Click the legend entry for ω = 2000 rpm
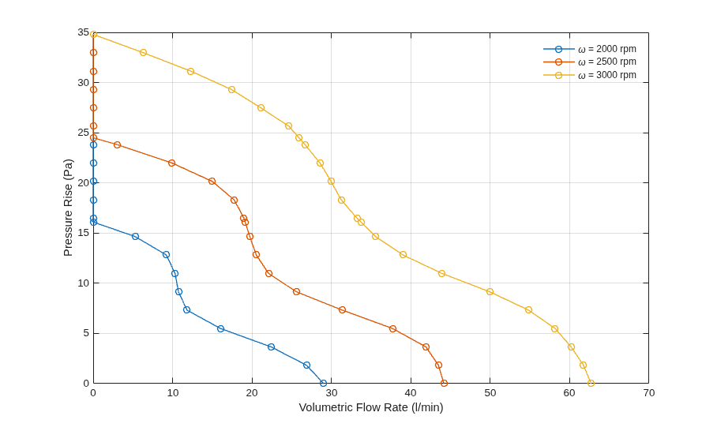point(589,49)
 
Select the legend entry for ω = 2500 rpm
point(589,62)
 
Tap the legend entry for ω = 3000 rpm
point(589,75)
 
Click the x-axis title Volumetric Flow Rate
point(354,407)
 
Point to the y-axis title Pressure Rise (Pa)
point(68,208)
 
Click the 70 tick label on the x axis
point(648,393)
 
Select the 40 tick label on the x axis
point(411,393)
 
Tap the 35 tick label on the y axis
point(83,32)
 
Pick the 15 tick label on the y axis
point(83,233)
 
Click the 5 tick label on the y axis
point(86,333)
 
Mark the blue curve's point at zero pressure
point(323,383)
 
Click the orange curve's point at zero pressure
point(444,383)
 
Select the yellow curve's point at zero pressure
point(591,383)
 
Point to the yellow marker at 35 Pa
point(93,34)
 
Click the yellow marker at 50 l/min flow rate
point(490,291)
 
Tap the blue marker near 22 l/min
point(271,347)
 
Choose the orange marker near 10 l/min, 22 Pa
point(171,163)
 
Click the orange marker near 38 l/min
point(392,328)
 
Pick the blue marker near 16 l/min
point(220,328)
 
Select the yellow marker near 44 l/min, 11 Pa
point(441,273)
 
